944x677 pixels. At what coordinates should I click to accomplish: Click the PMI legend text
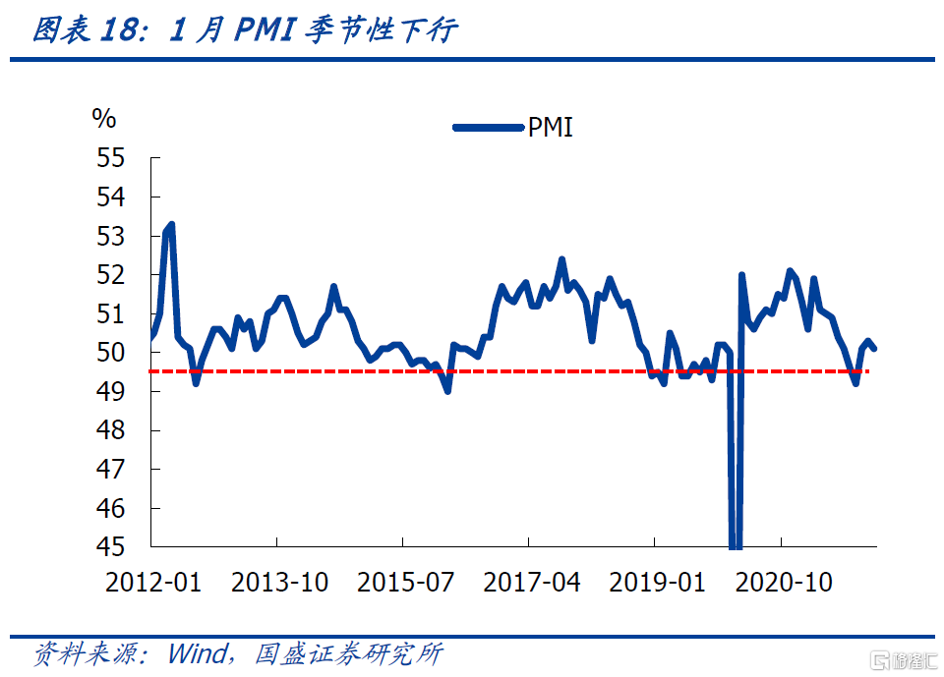pos(551,127)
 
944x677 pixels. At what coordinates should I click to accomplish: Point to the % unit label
pos(104,119)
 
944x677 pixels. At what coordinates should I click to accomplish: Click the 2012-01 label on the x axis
pos(153,583)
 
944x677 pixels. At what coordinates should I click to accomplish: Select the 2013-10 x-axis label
pos(279,583)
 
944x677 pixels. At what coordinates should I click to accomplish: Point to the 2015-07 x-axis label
pos(405,583)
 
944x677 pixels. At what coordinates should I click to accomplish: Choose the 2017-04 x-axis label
pos(531,583)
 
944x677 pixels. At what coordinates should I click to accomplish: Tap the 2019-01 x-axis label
pos(657,583)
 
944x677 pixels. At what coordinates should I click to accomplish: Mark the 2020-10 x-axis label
pos(784,583)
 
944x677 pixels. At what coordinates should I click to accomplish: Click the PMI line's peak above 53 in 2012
pos(171,225)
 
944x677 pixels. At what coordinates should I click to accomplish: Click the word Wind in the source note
pos(198,653)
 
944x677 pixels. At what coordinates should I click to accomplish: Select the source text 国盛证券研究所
pos(348,653)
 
